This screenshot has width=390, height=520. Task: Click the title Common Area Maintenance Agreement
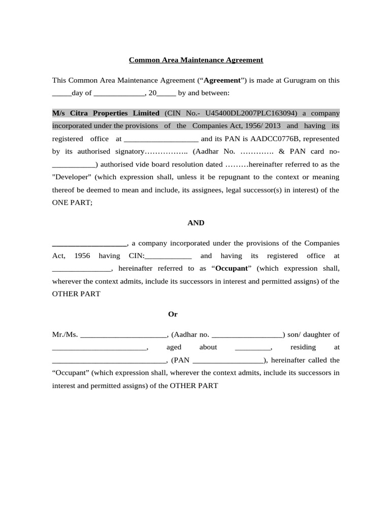click(x=196, y=60)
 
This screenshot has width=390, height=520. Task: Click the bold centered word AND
click(x=196, y=223)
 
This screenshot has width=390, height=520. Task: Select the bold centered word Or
click(x=173, y=314)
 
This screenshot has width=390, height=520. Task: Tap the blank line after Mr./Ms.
click(x=123, y=335)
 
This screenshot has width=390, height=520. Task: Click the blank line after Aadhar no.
click(x=247, y=335)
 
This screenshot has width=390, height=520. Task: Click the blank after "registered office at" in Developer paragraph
click(x=160, y=139)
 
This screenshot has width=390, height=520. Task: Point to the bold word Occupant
click(x=232, y=268)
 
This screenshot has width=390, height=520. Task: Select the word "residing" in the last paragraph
click(x=303, y=347)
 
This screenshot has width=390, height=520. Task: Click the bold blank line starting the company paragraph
click(x=89, y=244)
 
